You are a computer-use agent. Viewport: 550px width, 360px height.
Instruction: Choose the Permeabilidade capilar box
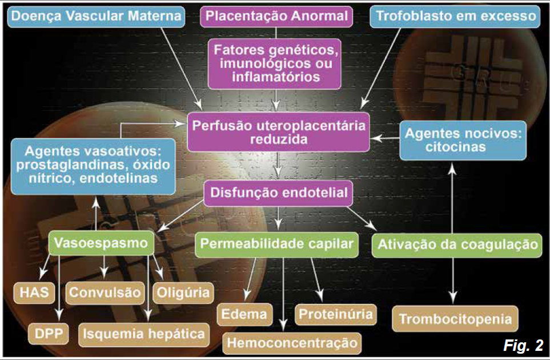[x=277, y=245]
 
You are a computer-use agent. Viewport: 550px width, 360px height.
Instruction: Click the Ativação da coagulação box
[x=456, y=245]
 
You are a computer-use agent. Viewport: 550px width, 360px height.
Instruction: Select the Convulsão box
[x=105, y=293]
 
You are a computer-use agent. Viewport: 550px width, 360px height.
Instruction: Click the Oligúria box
[x=182, y=293]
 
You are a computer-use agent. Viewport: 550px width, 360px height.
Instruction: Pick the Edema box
[x=244, y=314]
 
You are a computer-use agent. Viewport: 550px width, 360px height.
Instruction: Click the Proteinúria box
[x=336, y=314]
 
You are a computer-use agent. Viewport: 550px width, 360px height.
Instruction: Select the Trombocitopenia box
[x=455, y=318]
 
